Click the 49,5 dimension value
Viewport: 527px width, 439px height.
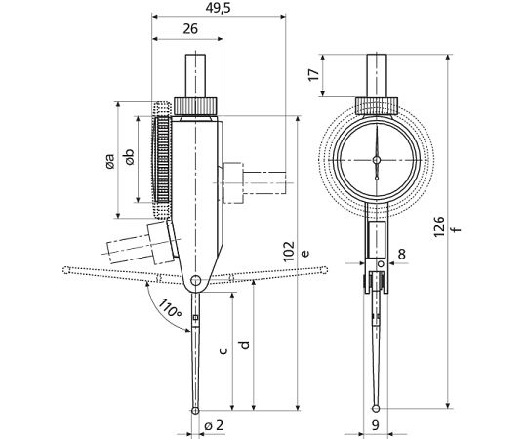pos(219,8)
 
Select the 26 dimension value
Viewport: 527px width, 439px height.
pos(190,29)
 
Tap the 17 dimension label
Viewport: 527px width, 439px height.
pos(314,74)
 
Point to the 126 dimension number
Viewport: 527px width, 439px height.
pos(438,226)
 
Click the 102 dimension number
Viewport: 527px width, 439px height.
pos(289,252)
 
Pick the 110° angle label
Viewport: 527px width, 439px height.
pos(170,308)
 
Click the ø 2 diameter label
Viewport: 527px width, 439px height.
pos(214,425)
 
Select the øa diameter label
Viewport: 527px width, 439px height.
pos(109,161)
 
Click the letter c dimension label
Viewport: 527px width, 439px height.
pos(223,351)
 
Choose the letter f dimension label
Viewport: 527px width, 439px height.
pos(456,230)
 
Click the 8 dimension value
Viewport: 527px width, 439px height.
pos(402,255)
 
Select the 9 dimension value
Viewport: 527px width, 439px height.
pos(376,425)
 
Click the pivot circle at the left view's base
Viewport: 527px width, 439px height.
pos(195,280)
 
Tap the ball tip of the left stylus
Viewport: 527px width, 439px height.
pos(195,411)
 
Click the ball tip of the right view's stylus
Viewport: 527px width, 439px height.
pos(376,409)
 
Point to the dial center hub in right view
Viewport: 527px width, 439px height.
pos(377,160)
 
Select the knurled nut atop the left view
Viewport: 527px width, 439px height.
pos(195,105)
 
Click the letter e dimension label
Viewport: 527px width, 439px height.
pos(304,254)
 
